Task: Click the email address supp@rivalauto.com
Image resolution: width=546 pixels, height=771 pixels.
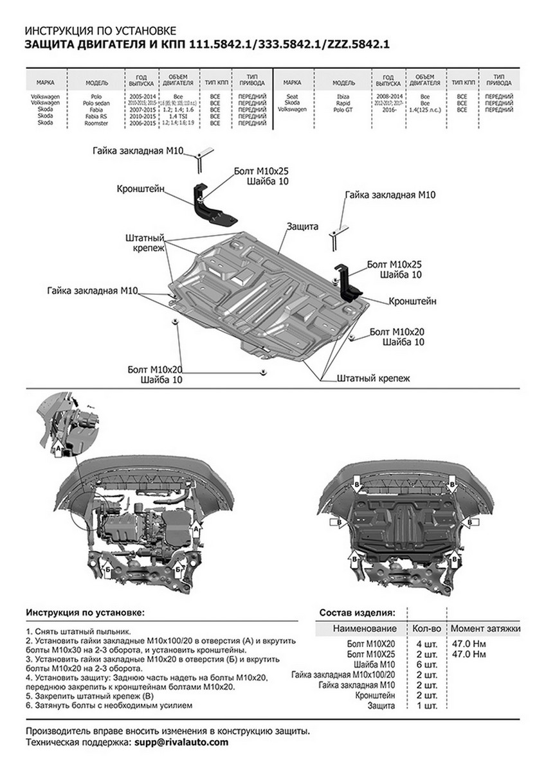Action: click(x=181, y=742)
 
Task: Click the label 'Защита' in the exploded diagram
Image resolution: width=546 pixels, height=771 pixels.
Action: click(x=303, y=227)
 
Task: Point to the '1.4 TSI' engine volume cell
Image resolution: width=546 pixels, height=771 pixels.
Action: click(x=173, y=116)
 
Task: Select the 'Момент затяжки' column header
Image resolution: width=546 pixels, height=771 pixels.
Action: click(x=485, y=628)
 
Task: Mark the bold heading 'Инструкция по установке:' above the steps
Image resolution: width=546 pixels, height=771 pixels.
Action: click(x=86, y=613)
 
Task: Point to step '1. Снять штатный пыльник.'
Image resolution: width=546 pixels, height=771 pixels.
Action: click(x=79, y=632)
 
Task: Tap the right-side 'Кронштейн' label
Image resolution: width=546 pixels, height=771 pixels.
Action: click(x=412, y=301)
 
